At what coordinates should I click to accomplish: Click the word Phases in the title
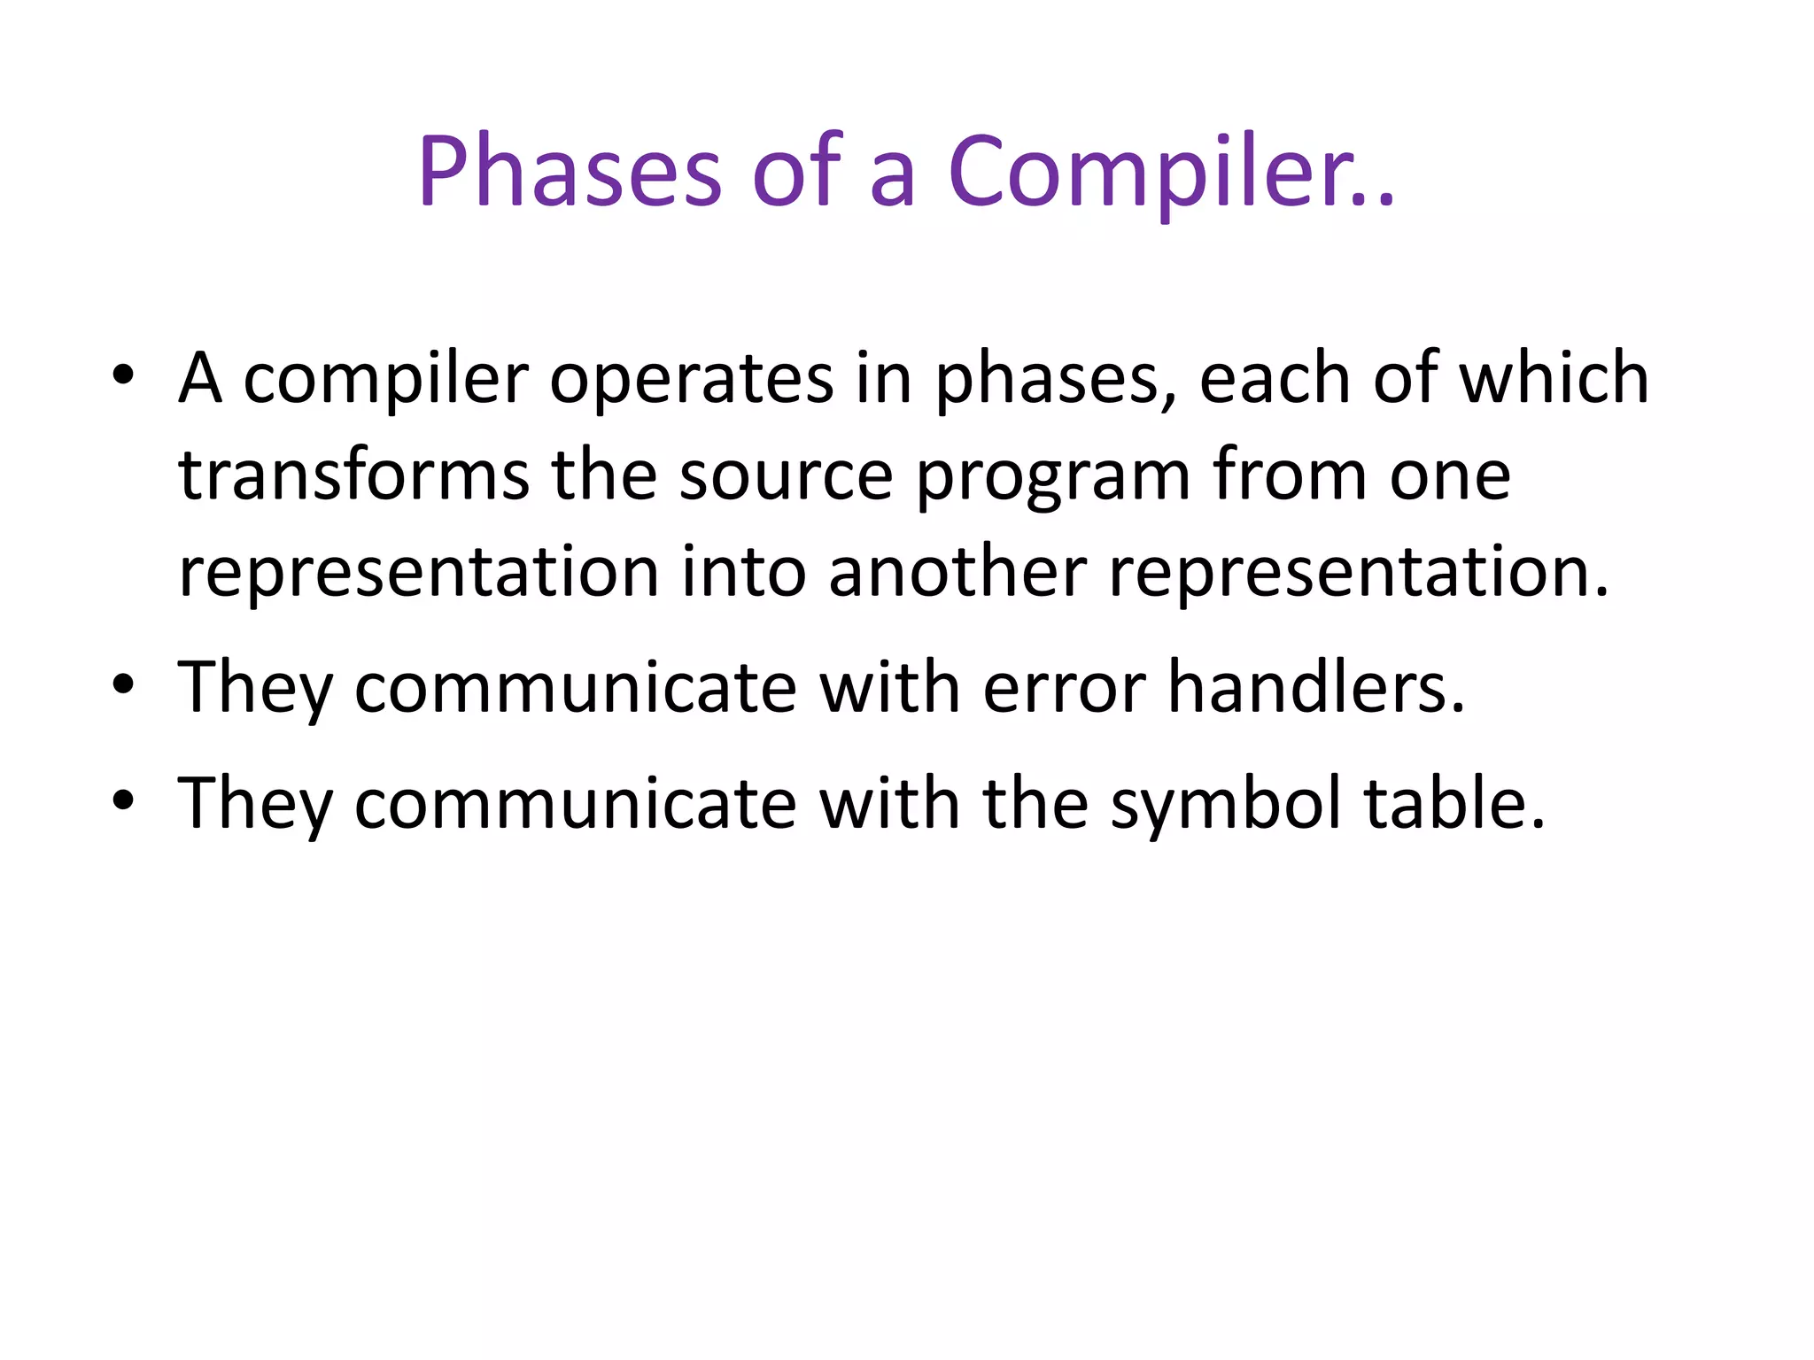(x=570, y=171)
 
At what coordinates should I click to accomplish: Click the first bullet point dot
(x=123, y=375)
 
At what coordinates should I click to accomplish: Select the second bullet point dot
(x=123, y=684)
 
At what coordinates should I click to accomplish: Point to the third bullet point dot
(x=123, y=800)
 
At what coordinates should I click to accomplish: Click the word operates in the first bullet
(x=691, y=379)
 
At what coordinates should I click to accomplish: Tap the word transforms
(x=353, y=475)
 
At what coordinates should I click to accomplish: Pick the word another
(x=957, y=572)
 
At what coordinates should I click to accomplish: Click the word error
(x=1064, y=689)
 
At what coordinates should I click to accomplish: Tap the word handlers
(x=1316, y=688)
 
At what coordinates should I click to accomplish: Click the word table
(x=1454, y=803)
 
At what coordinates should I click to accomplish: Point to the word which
(x=1554, y=379)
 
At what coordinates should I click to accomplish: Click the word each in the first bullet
(x=1275, y=379)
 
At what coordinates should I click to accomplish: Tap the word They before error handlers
(x=255, y=689)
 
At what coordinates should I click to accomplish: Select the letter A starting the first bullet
(x=200, y=379)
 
